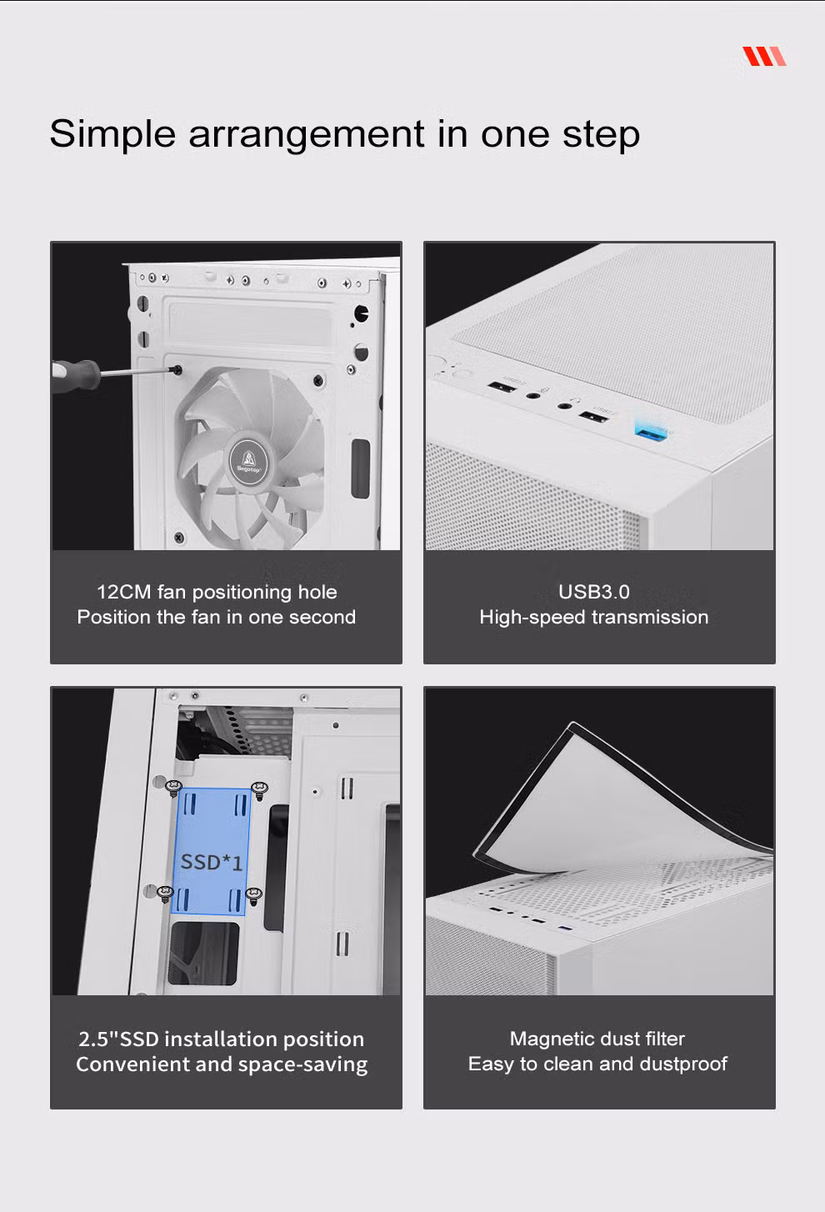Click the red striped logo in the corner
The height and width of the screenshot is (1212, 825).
point(764,57)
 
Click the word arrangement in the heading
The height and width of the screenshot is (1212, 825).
point(306,135)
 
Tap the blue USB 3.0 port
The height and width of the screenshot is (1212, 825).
point(652,431)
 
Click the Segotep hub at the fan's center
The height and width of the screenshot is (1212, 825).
point(249,462)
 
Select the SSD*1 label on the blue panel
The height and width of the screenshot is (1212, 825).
point(211,862)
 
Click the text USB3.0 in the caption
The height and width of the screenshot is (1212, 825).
point(593,592)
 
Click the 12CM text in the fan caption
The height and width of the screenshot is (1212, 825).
point(124,592)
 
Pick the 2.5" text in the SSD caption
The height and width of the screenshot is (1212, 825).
point(97,1039)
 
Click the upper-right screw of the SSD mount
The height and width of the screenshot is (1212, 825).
point(260,789)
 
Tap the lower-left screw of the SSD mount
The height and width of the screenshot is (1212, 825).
point(166,894)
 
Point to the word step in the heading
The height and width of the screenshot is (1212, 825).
point(601,135)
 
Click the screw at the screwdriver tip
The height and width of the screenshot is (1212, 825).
point(176,370)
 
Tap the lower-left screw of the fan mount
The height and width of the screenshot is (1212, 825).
point(179,538)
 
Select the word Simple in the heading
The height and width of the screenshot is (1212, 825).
point(112,135)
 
